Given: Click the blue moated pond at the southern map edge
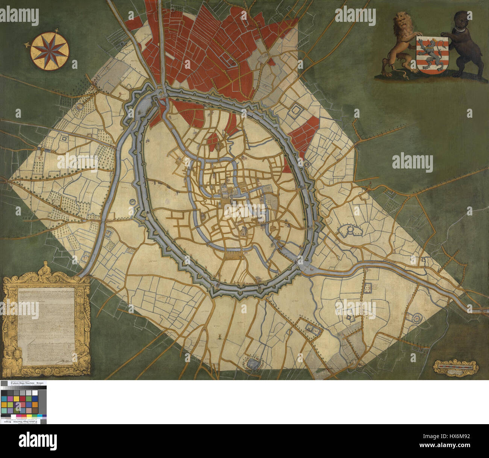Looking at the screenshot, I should click(252, 363).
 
